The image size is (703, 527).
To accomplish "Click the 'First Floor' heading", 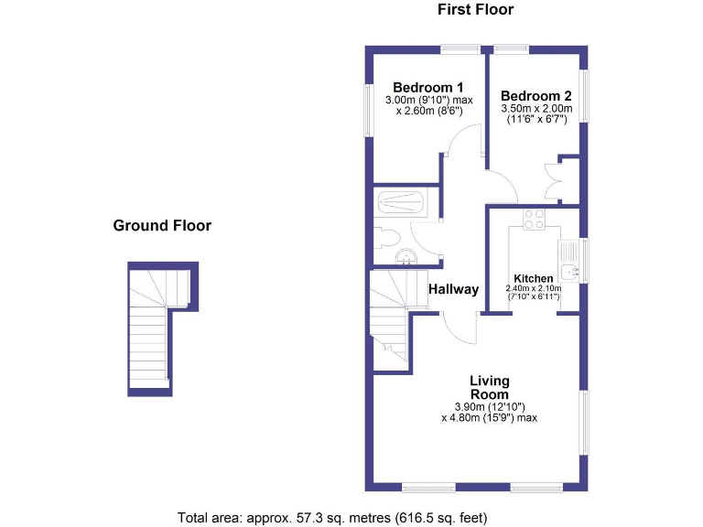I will (475, 10).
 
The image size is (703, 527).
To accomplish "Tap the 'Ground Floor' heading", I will (162, 225).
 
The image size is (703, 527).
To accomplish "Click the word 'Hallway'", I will (453, 289).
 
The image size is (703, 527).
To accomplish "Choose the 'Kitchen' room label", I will (533, 278).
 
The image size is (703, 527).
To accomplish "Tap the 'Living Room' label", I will (489, 387).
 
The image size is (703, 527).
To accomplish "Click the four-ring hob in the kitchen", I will (533, 220).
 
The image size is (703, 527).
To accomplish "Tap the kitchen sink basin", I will (568, 271).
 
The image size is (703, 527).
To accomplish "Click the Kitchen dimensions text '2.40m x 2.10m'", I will (533, 288).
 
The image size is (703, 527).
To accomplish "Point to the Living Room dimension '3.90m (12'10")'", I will (489, 406).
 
